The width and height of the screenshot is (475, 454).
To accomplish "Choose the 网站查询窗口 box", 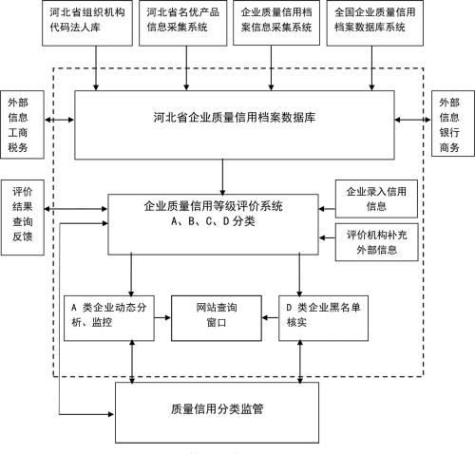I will tap(215, 316).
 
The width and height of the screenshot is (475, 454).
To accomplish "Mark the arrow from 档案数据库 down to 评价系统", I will tap(222, 176).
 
